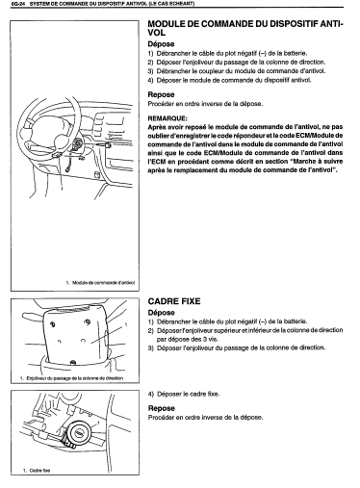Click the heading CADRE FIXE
point(174,301)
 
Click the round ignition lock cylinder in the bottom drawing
point(78,433)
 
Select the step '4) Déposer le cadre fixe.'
point(184,394)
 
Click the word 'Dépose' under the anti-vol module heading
point(161,44)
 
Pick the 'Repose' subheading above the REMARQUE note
point(161,94)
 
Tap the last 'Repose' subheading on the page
point(162,408)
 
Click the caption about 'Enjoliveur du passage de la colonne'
point(74,378)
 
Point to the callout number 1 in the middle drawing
point(126,324)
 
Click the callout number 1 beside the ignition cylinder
point(98,424)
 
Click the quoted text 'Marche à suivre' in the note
point(317,162)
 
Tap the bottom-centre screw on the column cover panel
point(73,363)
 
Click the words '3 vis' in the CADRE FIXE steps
point(210,339)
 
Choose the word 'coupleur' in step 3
point(209,71)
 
